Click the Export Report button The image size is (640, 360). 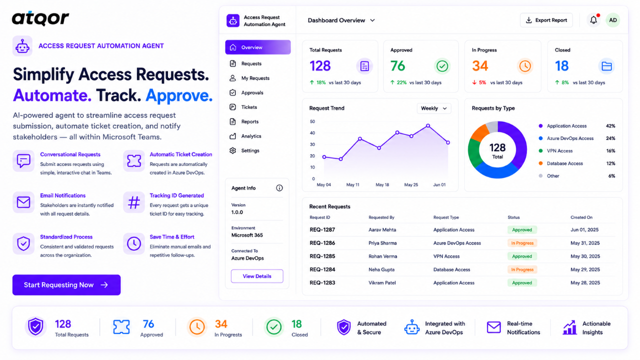coord(546,20)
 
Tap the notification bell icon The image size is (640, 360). coord(593,20)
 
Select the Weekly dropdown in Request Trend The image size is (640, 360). coord(433,108)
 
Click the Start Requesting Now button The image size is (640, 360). coord(66,285)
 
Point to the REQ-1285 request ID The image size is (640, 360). coord(322,256)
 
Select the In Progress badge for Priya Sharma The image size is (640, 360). coord(522,243)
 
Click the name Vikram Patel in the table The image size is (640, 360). coord(382,283)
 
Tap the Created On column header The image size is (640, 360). coord(581,217)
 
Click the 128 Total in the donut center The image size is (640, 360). coord(497,150)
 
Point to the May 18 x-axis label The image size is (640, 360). coord(382,185)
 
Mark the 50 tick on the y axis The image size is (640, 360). coord(312,121)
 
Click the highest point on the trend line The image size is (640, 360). coord(427,125)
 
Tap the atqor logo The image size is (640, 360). coord(40,18)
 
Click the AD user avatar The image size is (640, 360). coord(613,20)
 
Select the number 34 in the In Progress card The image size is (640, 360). coord(480,66)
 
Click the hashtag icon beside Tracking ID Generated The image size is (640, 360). coord(133,202)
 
